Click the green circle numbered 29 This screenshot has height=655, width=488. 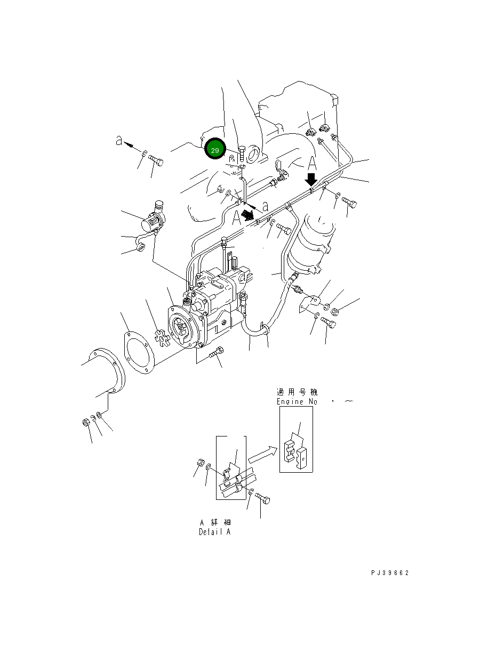tap(215, 151)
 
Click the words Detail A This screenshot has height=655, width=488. tap(215, 532)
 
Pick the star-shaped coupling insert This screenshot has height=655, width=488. tap(160, 338)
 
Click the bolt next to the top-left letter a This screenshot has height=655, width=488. tap(155, 159)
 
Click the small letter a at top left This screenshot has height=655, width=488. tap(119, 141)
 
